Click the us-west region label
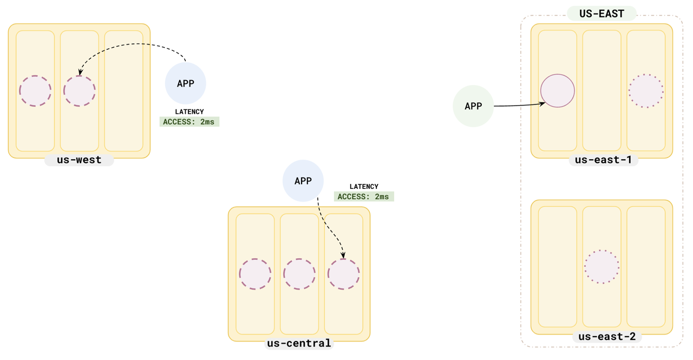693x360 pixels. point(79,160)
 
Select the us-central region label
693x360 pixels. point(299,343)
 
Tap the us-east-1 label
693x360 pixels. point(603,160)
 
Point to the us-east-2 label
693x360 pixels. point(607,337)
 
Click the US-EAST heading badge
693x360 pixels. point(602,14)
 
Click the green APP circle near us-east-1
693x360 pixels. point(473,106)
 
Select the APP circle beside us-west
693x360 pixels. point(186,83)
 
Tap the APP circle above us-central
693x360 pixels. point(303,181)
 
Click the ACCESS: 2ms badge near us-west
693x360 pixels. point(189,122)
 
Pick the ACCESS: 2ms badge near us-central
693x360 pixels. point(364,197)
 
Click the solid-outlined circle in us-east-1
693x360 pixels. point(558,91)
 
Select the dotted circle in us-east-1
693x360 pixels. point(646,91)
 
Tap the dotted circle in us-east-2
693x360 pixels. point(602,267)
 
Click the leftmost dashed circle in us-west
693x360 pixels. point(35,91)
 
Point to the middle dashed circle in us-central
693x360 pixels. point(299,274)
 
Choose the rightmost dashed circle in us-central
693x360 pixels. point(344,274)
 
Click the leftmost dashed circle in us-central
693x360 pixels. point(255,274)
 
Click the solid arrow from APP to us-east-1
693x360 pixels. point(517,105)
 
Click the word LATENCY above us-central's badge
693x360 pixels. point(364,187)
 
